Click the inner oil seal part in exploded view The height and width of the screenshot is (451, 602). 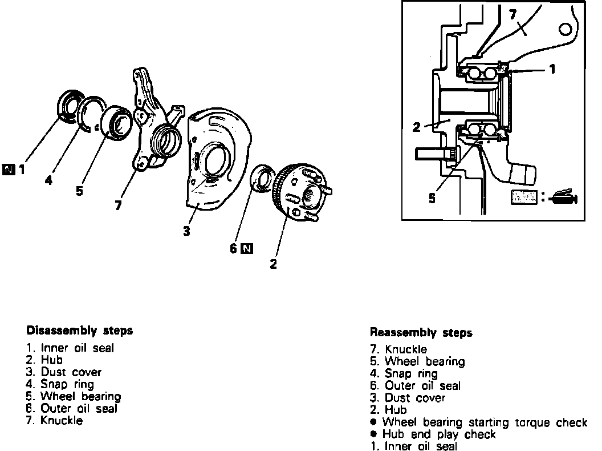71,106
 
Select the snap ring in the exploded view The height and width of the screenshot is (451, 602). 93,114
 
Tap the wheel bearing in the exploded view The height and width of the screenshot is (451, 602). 119,122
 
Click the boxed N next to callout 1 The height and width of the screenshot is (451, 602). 9,168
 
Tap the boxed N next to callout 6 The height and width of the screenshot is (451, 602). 247,248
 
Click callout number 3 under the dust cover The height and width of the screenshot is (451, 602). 186,232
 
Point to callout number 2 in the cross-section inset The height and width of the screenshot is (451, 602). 417,127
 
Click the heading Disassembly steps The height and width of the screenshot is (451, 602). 80,331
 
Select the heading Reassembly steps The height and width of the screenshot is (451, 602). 421,332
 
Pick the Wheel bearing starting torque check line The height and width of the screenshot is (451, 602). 479,422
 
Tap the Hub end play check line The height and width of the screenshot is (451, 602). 433,434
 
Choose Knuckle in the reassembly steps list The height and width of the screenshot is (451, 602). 400,349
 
